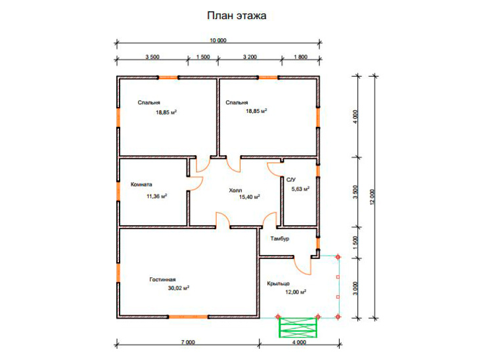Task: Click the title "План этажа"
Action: pos(237,16)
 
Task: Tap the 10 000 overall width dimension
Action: pos(218,41)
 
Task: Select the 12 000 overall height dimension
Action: pos(373,197)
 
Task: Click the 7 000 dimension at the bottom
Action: pos(188,342)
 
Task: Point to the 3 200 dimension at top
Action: pos(250,57)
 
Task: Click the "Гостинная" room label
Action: pos(162,279)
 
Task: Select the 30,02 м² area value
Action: pos(179,288)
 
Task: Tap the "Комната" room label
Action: pos(141,184)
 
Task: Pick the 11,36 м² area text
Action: pos(156,196)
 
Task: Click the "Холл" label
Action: pos(235,191)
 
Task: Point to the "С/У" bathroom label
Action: pos(291,180)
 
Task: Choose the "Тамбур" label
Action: pos(280,238)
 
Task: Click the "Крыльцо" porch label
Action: pos(278,284)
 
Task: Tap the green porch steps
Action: pos(298,327)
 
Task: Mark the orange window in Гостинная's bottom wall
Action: pos(189,317)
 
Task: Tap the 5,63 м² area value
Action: pos(300,189)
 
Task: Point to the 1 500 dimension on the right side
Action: pos(355,242)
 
